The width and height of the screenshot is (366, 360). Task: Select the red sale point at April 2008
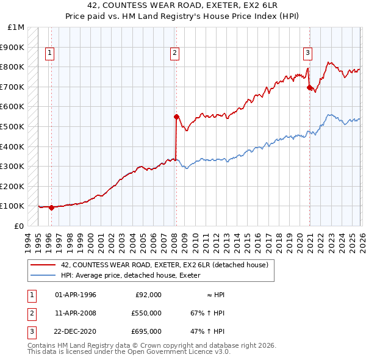176,117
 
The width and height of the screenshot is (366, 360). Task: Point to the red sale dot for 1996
51,207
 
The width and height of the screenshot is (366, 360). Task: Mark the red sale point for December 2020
309,88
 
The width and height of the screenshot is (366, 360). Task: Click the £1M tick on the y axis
16,27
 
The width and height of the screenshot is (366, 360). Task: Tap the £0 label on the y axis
20,226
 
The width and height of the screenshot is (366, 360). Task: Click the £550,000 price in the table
146,313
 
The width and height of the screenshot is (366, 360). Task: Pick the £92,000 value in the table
148,295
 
